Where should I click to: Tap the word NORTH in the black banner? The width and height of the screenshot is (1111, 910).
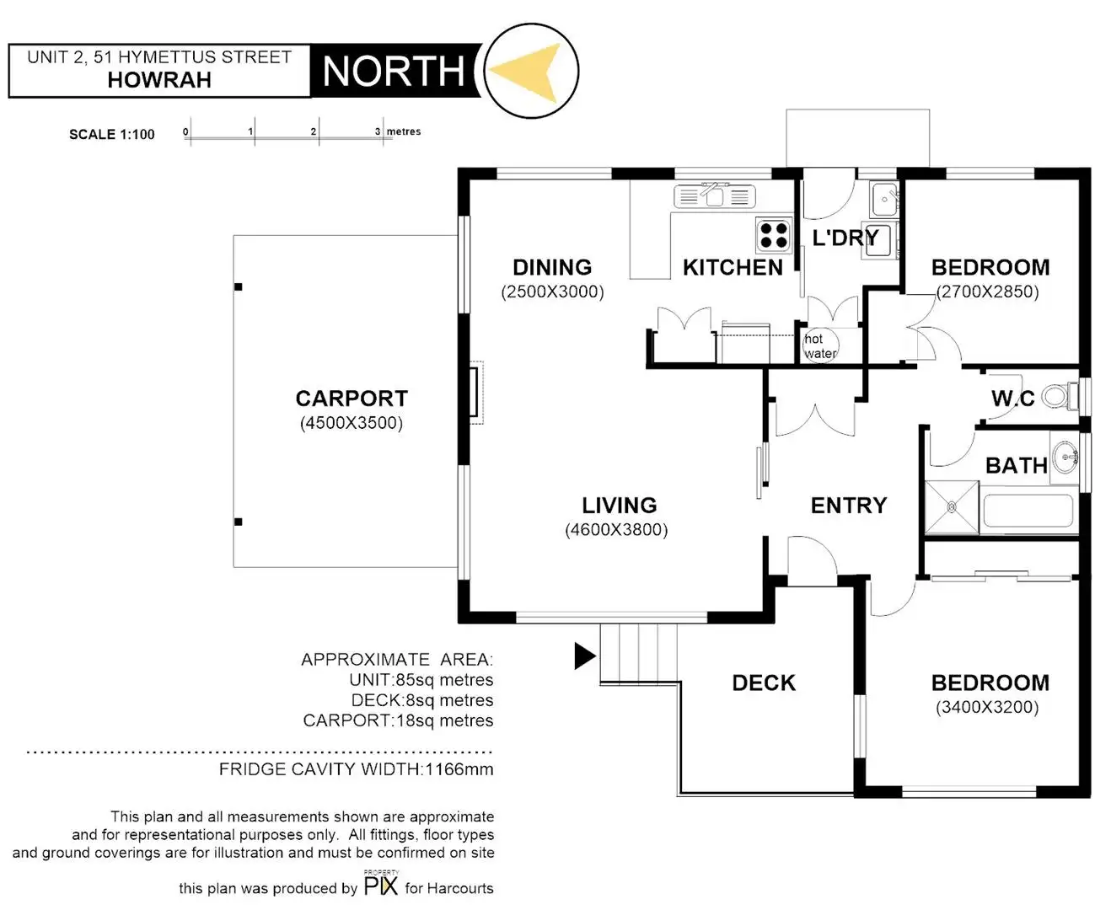click(x=394, y=72)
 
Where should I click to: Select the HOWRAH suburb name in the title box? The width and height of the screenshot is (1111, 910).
click(x=159, y=80)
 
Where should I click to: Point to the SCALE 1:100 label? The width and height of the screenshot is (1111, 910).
click(x=112, y=134)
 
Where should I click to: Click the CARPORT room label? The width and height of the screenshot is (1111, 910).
click(x=352, y=399)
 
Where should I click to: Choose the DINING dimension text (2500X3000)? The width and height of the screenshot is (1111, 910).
click(x=552, y=292)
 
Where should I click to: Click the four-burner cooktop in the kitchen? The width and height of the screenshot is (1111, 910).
click(x=773, y=234)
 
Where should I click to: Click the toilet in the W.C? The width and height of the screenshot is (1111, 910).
click(x=1058, y=396)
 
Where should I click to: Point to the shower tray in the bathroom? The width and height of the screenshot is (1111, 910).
click(x=953, y=507)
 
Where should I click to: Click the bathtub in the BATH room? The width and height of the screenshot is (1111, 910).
click(x=1028, y=511)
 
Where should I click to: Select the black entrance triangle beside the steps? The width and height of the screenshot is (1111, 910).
click(x=584, y=656)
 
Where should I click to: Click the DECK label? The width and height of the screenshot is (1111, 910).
click(x=764, y=682)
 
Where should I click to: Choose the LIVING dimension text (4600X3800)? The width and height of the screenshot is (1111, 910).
click(x=616, y=530)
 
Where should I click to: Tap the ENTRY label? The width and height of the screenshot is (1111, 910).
click(x=849, y=506)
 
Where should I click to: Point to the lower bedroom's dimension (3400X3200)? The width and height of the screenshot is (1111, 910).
click(x=987, y=708)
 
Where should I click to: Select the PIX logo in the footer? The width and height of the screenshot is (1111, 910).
click(x=381, y=885)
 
